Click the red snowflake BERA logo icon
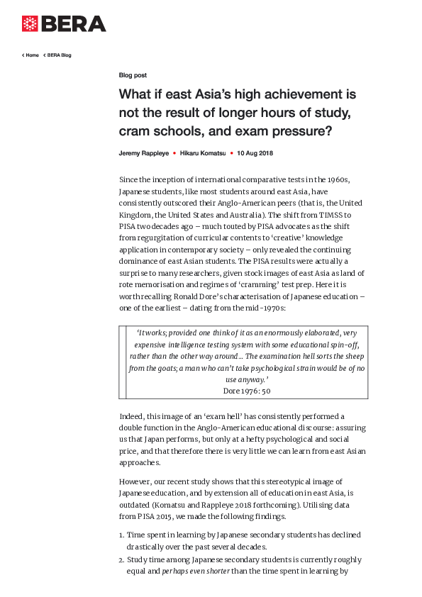30,23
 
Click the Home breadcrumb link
32,55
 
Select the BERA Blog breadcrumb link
59,55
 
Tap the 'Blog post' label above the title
133,74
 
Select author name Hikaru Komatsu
203,153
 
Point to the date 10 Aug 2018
255,153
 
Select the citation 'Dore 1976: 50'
246,391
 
